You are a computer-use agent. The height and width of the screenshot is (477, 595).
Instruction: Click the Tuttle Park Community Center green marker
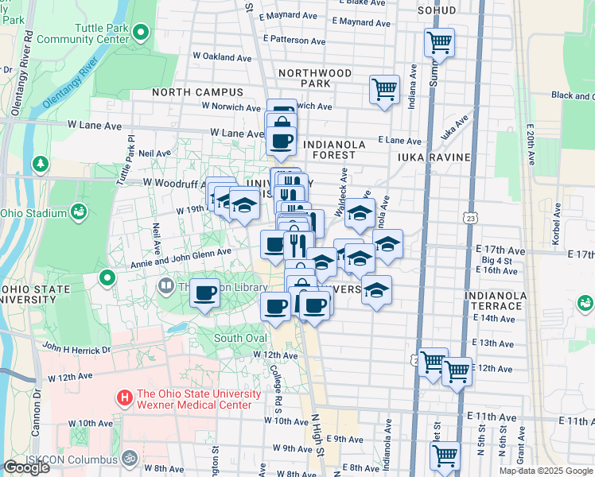(142, 33)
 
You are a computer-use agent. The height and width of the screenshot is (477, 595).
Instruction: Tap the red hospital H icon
(123, 395)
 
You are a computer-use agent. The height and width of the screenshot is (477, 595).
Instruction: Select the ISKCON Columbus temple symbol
(130, 458)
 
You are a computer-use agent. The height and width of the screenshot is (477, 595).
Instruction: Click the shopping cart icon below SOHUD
(438, 43)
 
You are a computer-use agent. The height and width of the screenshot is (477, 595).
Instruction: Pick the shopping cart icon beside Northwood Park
(384, 88)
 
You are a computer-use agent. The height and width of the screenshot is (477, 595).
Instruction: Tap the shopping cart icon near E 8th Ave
(445, 456)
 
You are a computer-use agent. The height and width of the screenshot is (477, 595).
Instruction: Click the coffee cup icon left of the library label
(205, 294)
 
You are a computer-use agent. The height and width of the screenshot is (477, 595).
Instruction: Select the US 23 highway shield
(472, 218)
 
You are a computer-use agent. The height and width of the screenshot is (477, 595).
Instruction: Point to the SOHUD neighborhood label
(437, 10)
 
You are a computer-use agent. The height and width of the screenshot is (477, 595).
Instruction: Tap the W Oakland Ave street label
(222, 57)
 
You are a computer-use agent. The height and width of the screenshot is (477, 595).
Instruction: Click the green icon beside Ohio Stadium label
(79, 211)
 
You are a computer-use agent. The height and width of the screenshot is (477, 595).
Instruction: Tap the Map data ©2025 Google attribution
(545, 471)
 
